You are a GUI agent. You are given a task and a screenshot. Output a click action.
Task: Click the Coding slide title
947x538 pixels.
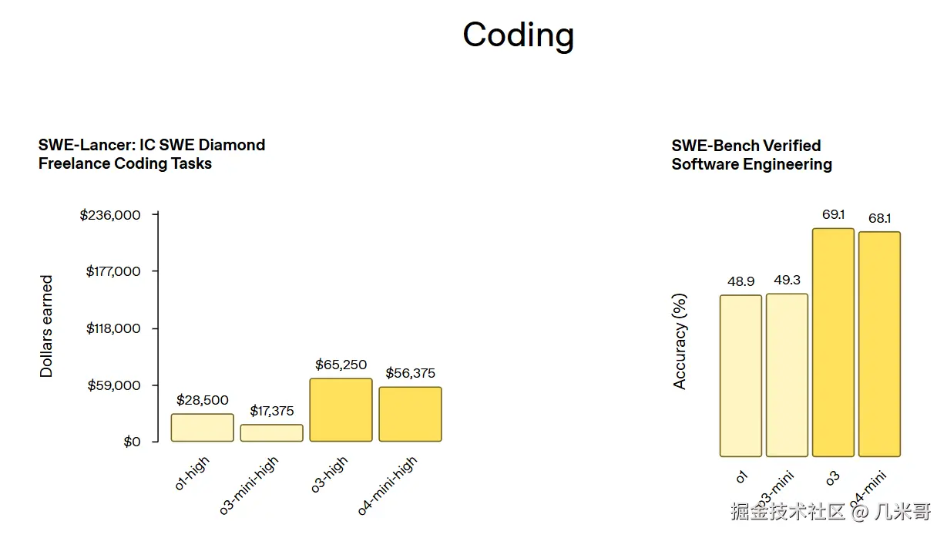(x=518, y=35)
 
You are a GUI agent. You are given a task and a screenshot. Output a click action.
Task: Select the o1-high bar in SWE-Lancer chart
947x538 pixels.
(x=202, y=428)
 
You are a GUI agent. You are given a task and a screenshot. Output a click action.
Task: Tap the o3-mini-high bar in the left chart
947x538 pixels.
(x=271, y=433)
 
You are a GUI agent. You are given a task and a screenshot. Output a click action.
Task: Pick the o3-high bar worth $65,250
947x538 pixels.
(x=341, y=410)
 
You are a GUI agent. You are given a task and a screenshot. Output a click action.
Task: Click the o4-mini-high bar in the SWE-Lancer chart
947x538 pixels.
(x=410, y=414)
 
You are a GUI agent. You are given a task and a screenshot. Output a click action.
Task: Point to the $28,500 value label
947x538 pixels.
(x=202, y=400)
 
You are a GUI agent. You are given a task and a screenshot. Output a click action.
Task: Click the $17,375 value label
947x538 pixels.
(x=271, y=411)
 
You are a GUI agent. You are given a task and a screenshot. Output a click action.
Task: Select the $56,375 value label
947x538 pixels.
(x=410, y=373)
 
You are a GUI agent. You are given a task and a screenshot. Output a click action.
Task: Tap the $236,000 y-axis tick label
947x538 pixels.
(x=110, y=215)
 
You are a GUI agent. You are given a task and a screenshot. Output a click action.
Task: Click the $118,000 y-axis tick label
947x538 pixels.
(x=112, y=328)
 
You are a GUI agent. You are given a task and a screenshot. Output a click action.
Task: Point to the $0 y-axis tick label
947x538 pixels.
(x=132, y=442)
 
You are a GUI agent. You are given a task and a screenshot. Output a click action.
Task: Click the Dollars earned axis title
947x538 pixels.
(x=47, y=326)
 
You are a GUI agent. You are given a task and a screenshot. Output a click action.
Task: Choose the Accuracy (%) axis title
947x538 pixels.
(x=680, y=341)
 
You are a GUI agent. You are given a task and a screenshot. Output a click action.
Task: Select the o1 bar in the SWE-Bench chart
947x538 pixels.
(x=740, y=376)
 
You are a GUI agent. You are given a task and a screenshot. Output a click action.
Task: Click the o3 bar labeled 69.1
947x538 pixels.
(x=833, y=343)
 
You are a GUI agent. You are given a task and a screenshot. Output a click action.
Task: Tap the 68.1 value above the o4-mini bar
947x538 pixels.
(x=879, y=218)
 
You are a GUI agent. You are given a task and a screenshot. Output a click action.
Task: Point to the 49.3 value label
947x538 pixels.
(x=787, y=280)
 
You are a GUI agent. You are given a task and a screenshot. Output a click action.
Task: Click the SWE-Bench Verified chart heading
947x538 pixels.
(x=751, y=154)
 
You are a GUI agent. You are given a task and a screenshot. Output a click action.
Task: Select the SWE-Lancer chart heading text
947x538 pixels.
(x=152, y=153)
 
